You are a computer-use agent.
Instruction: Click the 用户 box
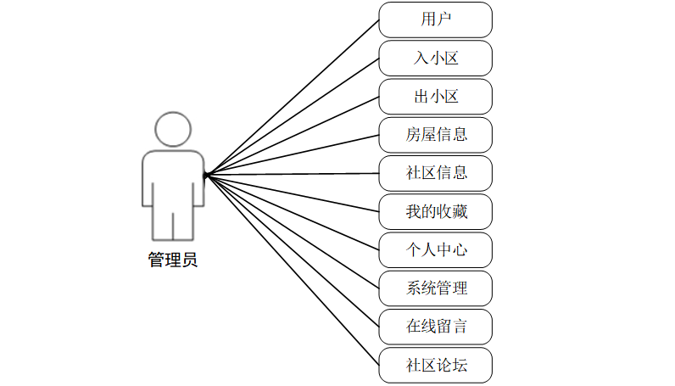click(x=435, y=20)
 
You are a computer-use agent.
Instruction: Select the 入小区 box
click(x=435, y=58)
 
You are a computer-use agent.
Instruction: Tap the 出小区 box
click(x=435, y=96)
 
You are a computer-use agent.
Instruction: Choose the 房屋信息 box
click(x=435, y=134)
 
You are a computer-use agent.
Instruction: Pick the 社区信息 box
click(x=435, y=173)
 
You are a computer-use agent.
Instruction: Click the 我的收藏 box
click(x=435, y=211)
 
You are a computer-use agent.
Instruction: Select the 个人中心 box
click(x=435, y=249)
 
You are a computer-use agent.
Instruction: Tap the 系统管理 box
click(x=435, y=288)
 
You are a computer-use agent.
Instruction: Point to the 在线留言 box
click(x=435, y=326)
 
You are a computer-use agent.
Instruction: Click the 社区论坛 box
click(x=435, y=365)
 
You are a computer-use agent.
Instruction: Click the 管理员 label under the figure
click(x=173, y=260)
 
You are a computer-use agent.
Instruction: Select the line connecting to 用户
click(x=293, y=97)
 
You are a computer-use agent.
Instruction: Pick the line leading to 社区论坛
click(x=293, y=270)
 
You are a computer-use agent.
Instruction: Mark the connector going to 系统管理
click(x=293, y=232)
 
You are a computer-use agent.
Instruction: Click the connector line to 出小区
click(x=293, y=135)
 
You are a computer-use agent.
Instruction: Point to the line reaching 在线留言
click(x=293, y=250)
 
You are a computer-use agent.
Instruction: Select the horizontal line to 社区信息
click(x=293, y=174)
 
